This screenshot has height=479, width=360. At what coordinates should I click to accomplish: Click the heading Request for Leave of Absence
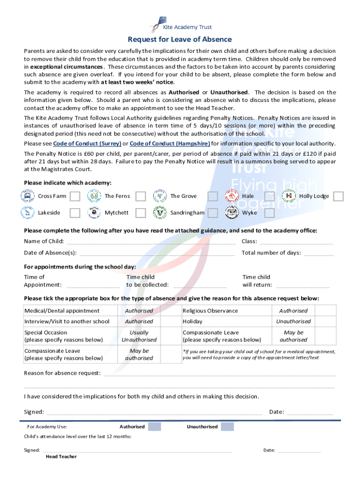point(180,39)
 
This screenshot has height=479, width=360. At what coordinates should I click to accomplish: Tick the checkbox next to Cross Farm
point(75,196)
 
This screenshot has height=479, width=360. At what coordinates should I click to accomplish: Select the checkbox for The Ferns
point(140,196)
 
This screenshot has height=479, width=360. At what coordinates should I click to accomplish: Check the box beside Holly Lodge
point(338,196)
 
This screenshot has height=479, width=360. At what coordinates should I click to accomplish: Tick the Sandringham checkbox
point(213,213)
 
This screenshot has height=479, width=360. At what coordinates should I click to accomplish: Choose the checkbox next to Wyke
point(269,213)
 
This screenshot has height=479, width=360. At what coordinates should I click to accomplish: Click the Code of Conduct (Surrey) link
point(87,143)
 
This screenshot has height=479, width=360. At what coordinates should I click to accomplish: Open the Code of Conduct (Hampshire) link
point(169,143)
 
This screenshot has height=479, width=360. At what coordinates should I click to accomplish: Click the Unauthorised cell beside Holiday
point(293,321)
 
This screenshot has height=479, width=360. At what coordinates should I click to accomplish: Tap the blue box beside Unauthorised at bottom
point(227,427)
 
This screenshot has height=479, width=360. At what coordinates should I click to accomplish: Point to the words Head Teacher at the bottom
point(61,457)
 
